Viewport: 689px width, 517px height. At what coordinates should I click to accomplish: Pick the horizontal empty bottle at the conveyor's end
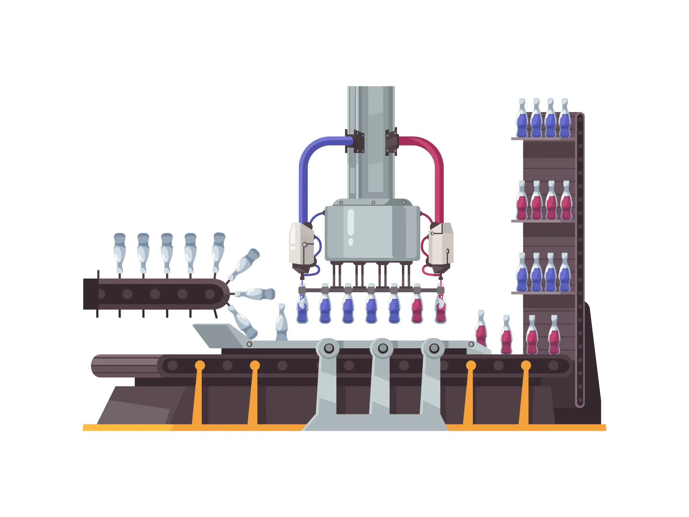pos(256,293)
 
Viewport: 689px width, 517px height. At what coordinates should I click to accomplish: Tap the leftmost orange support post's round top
pos(200,365)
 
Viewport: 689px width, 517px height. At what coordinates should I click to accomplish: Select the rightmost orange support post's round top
pos(526,365)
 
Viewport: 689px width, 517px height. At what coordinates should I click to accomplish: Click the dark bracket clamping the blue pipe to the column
pos(355,141)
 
